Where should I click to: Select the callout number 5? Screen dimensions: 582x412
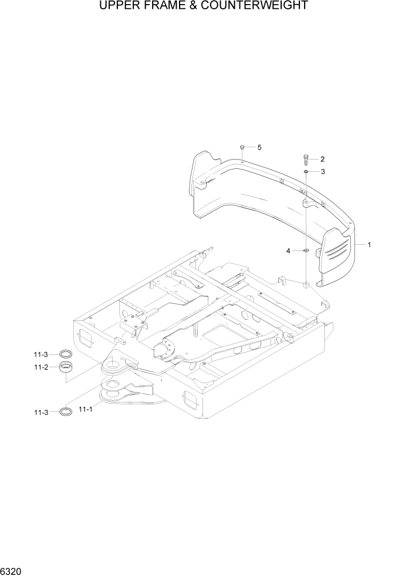point(259,147)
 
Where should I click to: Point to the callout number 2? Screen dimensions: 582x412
point(322,159)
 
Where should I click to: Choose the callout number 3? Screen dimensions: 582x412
point(322,172)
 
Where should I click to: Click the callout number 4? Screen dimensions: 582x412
point(288,251)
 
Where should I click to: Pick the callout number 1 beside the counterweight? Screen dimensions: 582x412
point(369,244)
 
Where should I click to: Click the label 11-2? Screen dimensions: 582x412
point(41,367)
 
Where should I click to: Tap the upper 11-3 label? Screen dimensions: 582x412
point(41,354)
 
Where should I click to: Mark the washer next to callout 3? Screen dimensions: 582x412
point(306,172)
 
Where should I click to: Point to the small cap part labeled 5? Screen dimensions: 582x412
point(242,147)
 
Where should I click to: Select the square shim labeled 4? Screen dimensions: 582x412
point(306,251)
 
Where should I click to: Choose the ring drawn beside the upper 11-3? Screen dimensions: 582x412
point(66,354)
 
